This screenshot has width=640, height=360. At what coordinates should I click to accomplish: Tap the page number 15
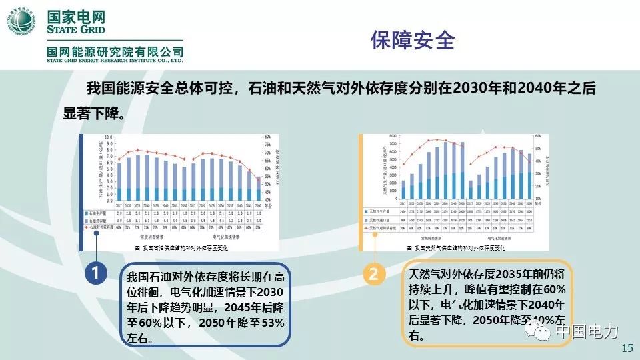tap(626, 349)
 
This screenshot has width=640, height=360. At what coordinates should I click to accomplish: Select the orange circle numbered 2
tap(373, 273)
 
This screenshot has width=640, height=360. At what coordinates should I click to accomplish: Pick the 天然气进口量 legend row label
tap(380, 219)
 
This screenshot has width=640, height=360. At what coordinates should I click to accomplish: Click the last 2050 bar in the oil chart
tap(259, 189)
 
